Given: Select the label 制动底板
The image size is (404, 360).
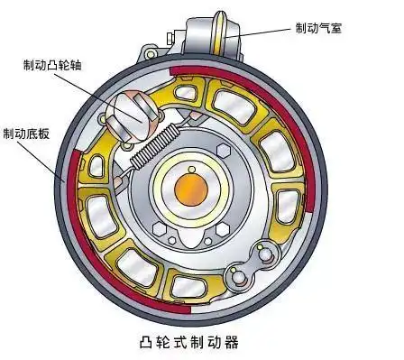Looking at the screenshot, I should click(x=27, y=134).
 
